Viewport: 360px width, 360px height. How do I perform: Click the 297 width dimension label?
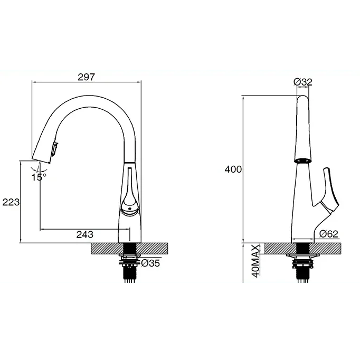86,77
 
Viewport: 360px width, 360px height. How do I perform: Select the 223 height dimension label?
11,202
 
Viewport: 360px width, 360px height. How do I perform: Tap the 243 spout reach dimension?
84,235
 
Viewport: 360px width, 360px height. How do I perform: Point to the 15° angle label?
39,177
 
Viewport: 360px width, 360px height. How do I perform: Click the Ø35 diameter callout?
150,263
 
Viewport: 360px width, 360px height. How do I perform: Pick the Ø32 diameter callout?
303,82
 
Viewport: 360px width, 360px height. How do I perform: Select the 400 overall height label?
233,169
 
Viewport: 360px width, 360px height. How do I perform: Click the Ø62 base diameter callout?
329,234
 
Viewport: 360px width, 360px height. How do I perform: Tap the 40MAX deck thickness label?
255,261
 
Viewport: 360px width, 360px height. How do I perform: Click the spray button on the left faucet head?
55,148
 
